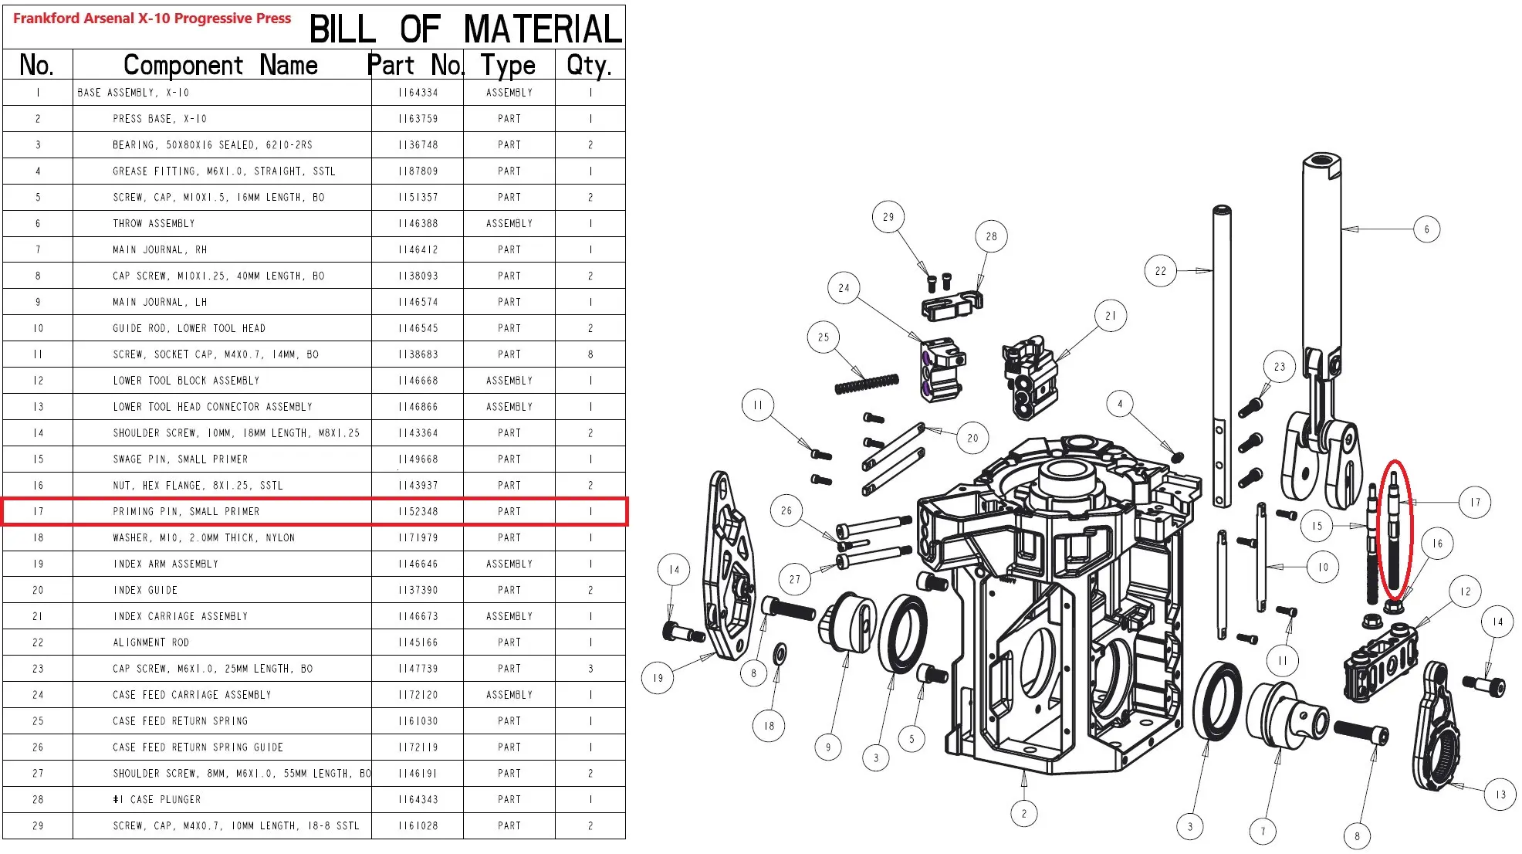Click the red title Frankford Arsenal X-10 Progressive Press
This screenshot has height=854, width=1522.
pyautogui.click(x=152, y=19)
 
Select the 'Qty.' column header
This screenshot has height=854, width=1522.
pyautogui.click(x=590, y=65)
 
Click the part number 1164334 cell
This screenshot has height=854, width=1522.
pyautogui.click(x=418, y=93)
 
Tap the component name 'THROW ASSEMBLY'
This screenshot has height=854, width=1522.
pyautogui.click(x=154, y=224)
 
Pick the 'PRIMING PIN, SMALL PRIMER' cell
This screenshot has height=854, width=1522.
pyautogui.click(x=186, y=512)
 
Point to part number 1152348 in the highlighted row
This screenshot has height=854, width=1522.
pyautogui.click(x=418, y=512)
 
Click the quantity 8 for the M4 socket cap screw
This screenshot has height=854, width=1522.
pyautogui.click(x=590, y=354)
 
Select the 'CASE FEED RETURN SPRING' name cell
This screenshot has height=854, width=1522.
pyautogui.click(x=180, y=721)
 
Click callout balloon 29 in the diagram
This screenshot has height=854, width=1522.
pyautogui.click(x=888, y=217)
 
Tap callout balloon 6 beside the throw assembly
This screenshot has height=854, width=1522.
pyautogui.click(x=1426, y=229)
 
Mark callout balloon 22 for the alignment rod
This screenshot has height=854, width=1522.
pyautogui.click(x=1161, y=271)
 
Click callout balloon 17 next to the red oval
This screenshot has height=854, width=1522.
pyautogui.click(x=1475, y=503)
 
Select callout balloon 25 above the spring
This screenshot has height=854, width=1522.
pyautogui.click(x=824, y=337)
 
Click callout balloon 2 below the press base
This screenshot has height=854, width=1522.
pyautogui.click(x=1024, y=814)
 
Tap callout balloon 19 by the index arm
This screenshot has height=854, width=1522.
pyautogui.click(x=658, y=678)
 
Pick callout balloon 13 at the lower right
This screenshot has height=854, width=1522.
pyautogui.click(x=1500, y=795)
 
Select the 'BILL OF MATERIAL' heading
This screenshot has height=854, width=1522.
pyautogui.click(x=465, y=29)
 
